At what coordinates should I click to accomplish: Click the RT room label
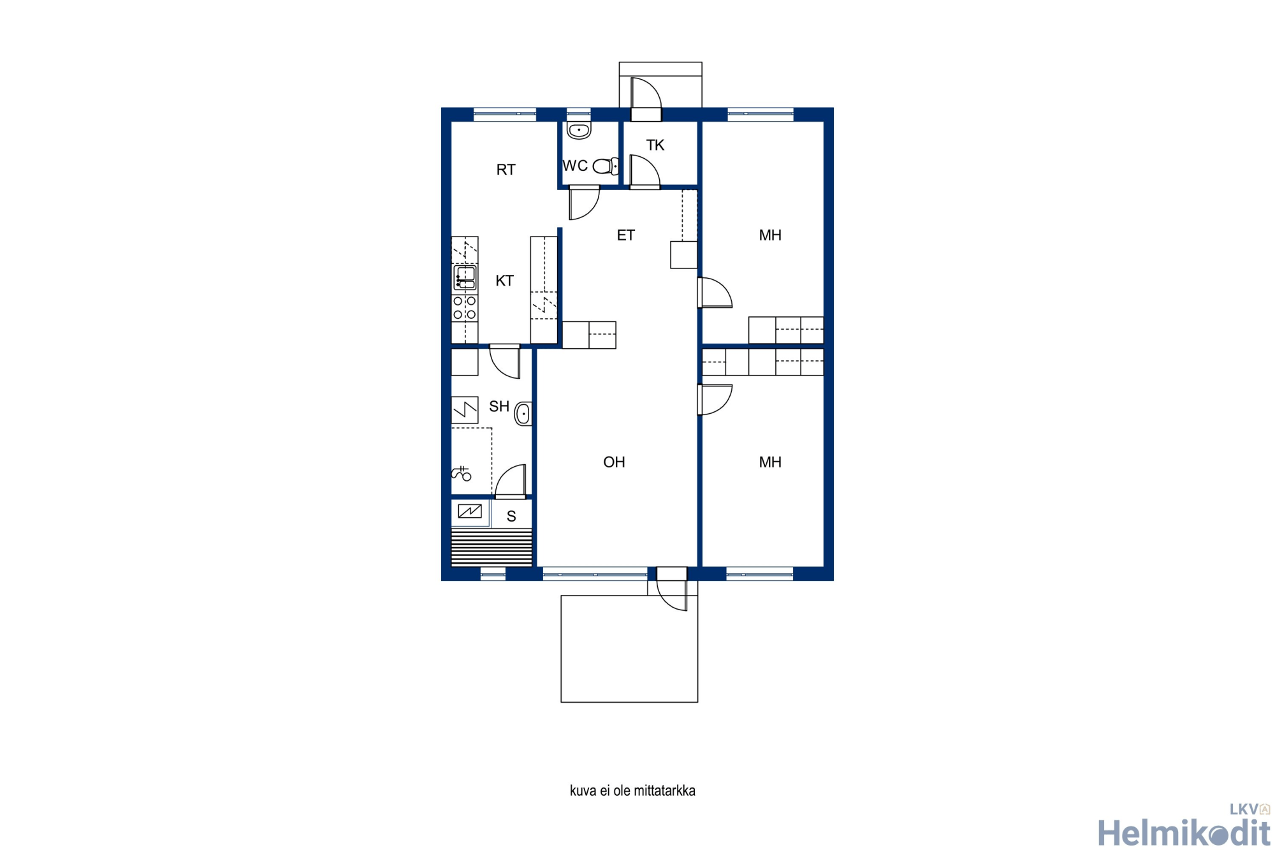tap(506, 170)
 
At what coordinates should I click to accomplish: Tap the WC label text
tap(575, 166)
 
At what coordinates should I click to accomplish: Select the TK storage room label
tap(655, 145)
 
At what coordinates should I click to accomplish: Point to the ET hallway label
tap(626, 235)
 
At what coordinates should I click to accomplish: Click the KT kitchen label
tap(505, 281)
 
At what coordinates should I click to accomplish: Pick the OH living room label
tap(615, 462)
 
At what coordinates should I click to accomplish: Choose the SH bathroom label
tap(499, 407)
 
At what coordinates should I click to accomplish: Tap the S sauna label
tap(511, 517)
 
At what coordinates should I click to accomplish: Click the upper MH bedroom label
tap(770, 235)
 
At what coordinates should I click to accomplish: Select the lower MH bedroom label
tap(770, 462)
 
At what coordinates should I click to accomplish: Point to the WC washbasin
tap(579, 130)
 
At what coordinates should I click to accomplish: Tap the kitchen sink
tap(465, 278)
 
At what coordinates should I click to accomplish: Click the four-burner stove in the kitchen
tap(465, 307)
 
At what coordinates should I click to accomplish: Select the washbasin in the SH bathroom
tap(523, 414)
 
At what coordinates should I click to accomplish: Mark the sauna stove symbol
tap(470, 511)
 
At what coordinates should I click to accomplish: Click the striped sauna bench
tap(492, 547)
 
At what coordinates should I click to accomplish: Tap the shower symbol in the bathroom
tap(462, 474)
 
